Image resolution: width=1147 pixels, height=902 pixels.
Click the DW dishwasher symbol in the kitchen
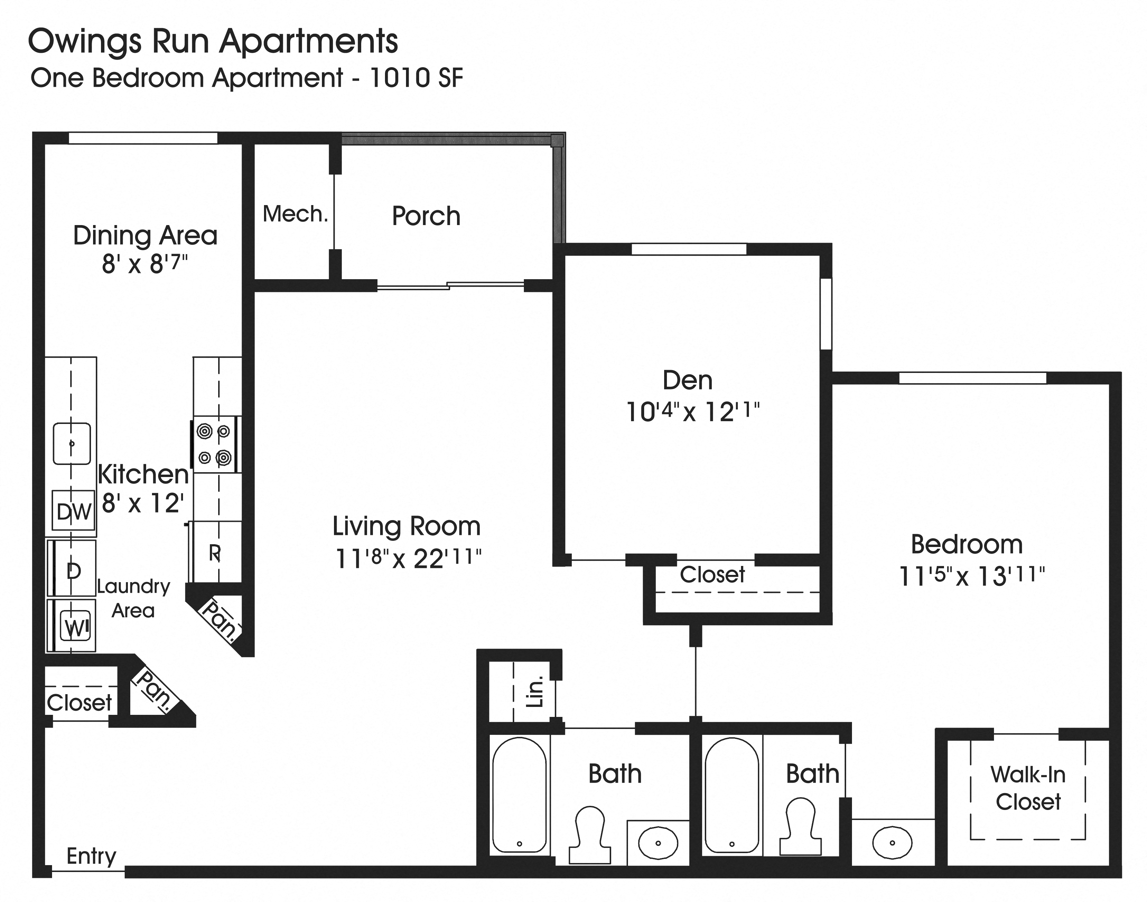(73, 511)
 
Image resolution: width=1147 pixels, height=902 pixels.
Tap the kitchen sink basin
(72, 444)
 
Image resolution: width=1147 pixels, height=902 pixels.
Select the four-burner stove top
(214, 445)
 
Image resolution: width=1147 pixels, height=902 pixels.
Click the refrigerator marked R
(215, 553)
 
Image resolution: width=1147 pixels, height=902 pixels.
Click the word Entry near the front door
(91, 855)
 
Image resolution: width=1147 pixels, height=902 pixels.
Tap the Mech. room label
(295, 214)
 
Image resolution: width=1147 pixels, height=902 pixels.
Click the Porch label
(426, 216)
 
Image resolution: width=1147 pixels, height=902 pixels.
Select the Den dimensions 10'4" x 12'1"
(692, 412)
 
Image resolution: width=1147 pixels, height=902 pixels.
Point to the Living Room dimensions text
(408, 558)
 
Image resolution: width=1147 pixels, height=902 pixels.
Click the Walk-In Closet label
(1028, 788)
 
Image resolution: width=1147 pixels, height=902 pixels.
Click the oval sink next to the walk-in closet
(892, 843)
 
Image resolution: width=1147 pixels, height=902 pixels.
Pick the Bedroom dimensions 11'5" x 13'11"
(971, 576)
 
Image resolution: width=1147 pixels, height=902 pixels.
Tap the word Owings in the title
(84, 42)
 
